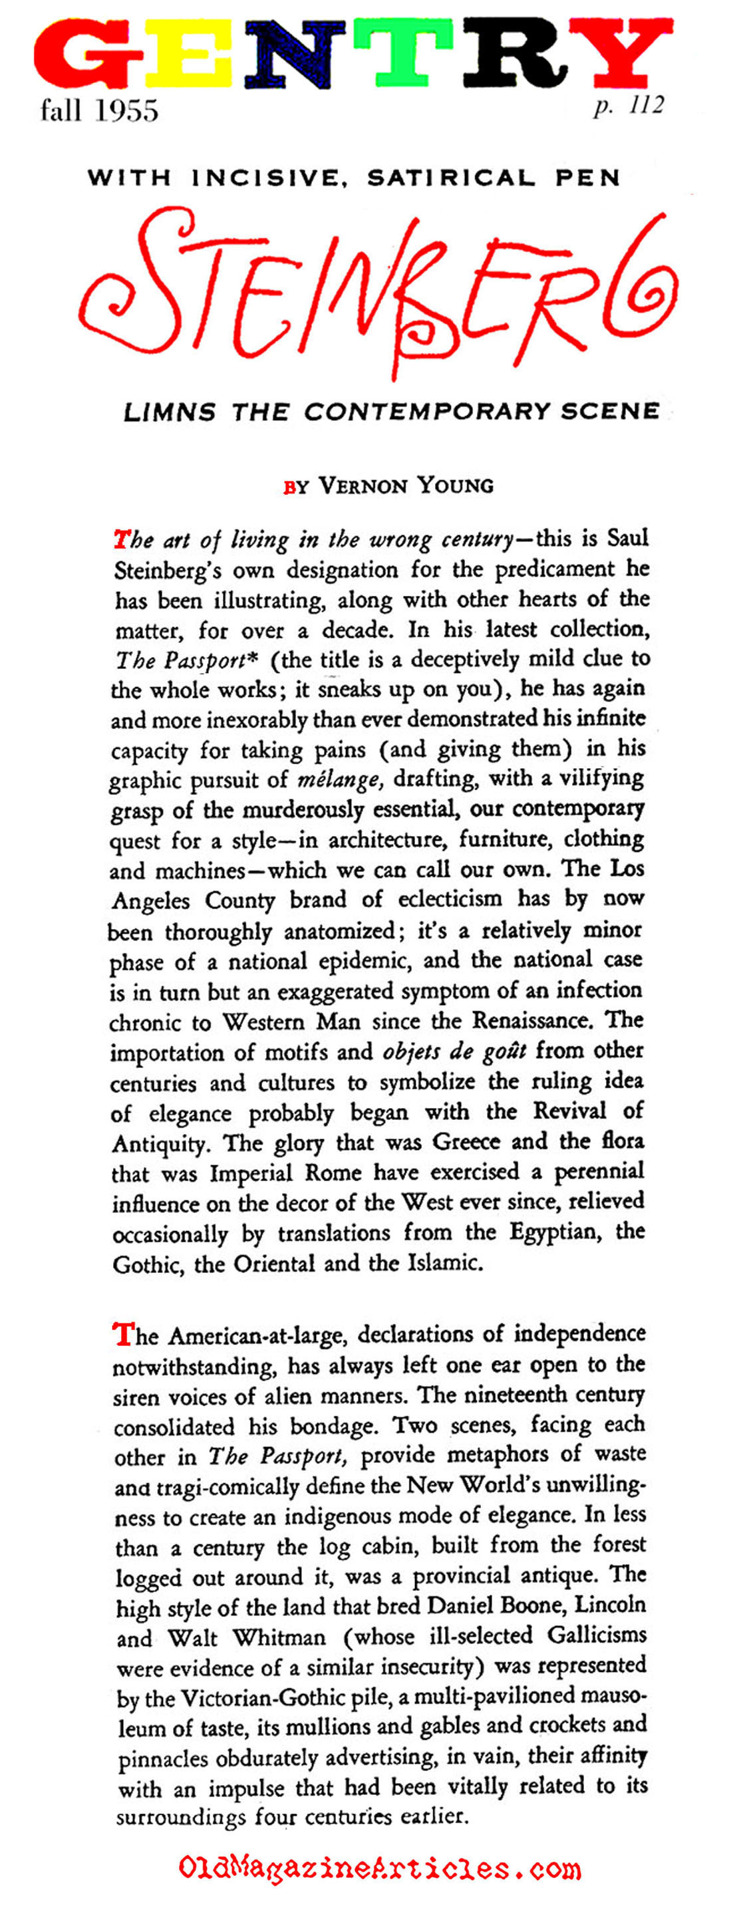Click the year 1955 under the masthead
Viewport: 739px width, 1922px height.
(127, 111)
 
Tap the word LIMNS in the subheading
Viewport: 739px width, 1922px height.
(170, 412)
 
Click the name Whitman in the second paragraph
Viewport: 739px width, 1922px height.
(279, 1638)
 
